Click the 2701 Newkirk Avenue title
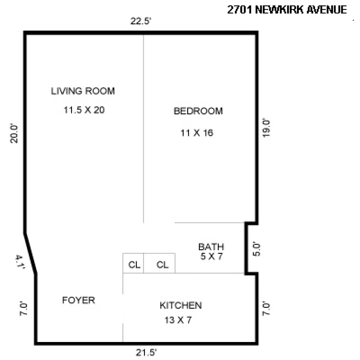click(287, 10)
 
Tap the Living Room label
click(83, 91)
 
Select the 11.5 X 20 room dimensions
click(84, 110)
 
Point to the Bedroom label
click(198, 111)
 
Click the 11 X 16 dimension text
click(197, 133)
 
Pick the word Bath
click(211, 247)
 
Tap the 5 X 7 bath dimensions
click(211, 256)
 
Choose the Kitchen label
click(181, 305)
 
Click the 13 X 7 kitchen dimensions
click(178, 320)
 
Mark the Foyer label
click(78, 300)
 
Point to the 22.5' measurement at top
click(141, 21)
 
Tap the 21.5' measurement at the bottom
click(146, 352)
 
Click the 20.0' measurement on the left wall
click(14, 134)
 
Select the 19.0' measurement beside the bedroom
click(266, 128)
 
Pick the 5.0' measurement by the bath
click(256, 249)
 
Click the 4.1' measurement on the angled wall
click(20, 262)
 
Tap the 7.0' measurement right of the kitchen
click(266, 309)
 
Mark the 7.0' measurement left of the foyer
click(23, 309)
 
